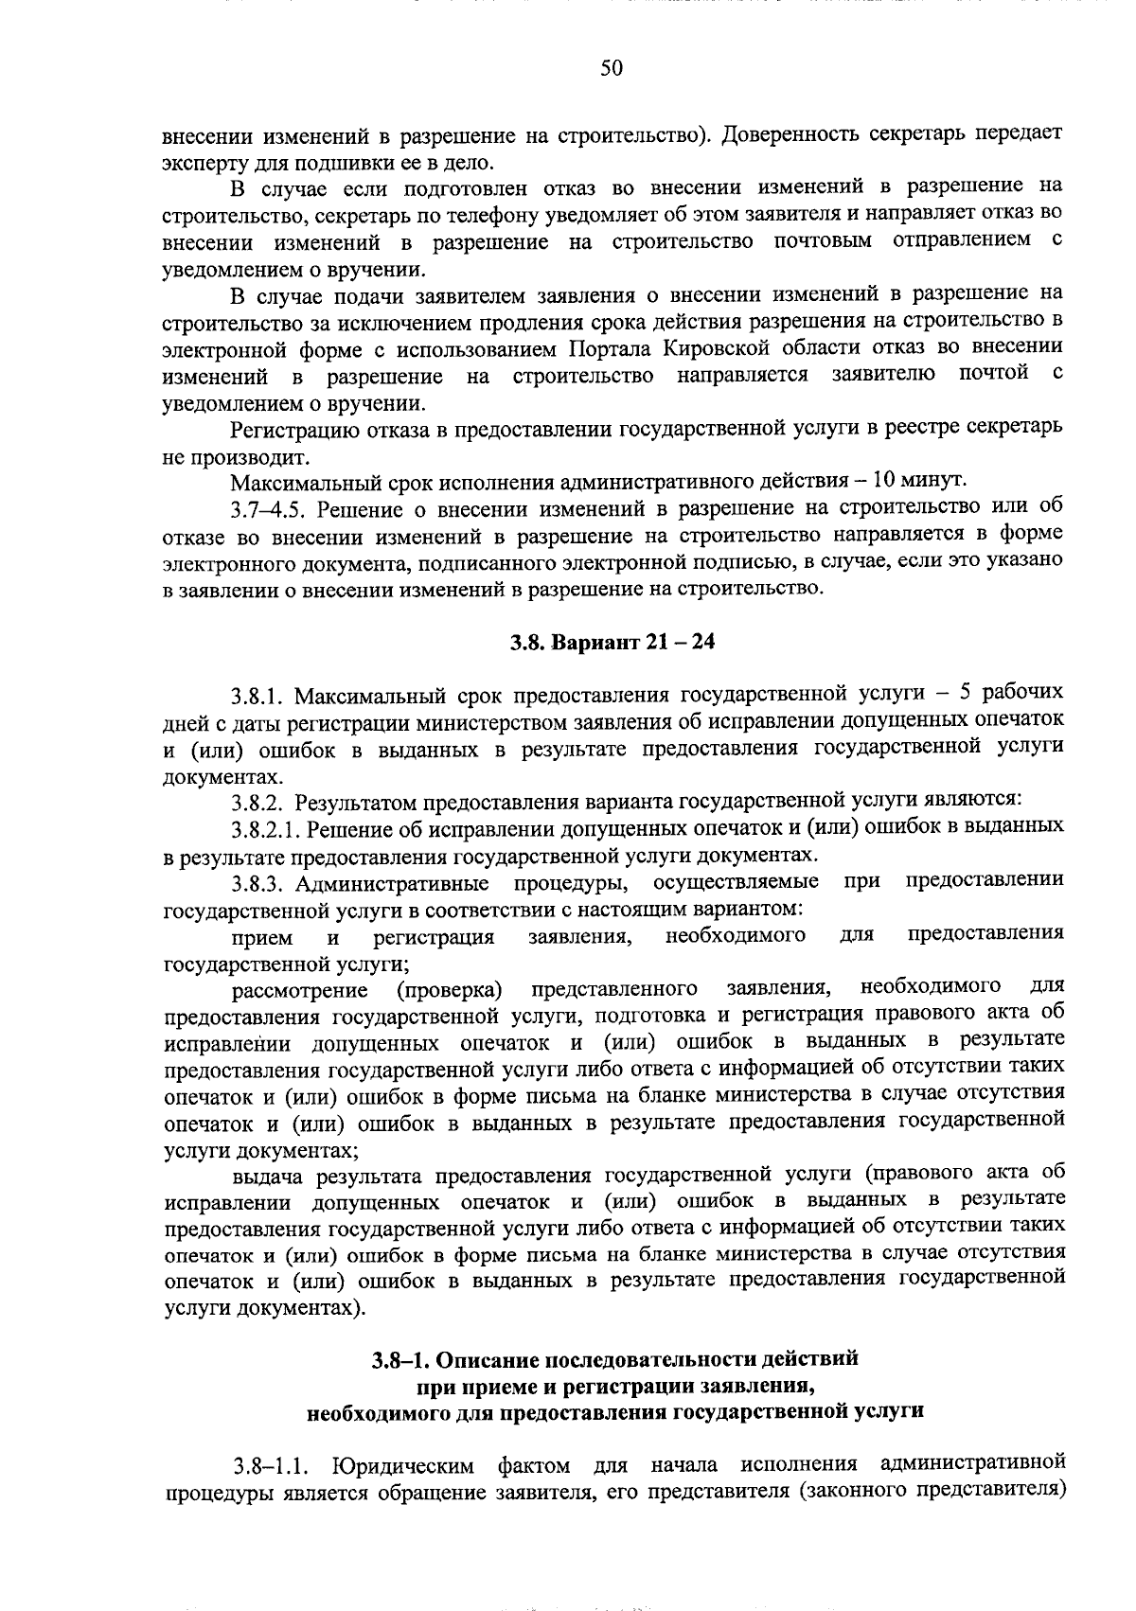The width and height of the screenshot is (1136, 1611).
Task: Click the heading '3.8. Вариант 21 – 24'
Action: [612, 643]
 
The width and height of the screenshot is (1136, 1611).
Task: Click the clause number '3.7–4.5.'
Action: [269, 511]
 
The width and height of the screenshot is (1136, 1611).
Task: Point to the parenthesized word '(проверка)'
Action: [448, 990]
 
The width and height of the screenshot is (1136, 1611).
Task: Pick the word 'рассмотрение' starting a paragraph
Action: [300, 991]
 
